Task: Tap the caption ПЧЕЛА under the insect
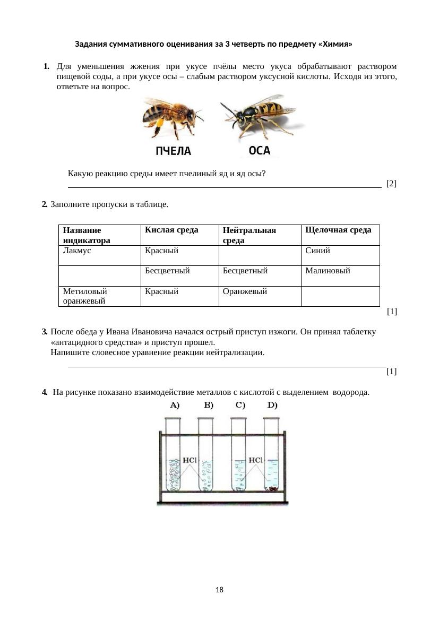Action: click(x=173, y=151)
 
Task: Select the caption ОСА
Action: click(x=260, y=151)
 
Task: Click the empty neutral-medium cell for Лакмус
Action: click(x=260, y=255)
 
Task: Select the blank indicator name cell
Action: click(x=99, y=275)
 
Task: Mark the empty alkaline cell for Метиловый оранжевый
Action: click(x=340, y=296)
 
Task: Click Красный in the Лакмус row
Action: click(x=161, y=251)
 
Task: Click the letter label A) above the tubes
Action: click(x=175, y=406)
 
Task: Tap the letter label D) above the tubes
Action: click(x=272, y=406)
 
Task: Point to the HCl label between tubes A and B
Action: click(x=190, y=460)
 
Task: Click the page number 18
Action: click(x=220, y=590)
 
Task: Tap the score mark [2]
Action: click(x=392, y=184)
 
